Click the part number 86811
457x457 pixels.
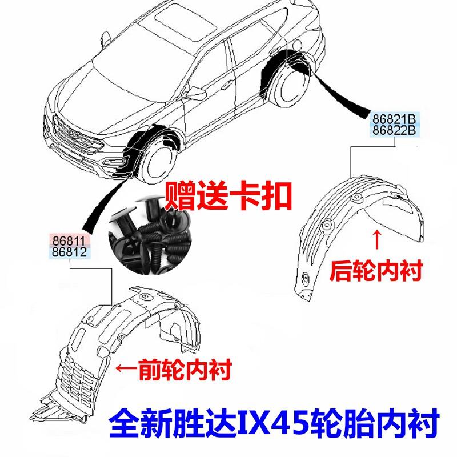pyautogui.click(x=69, y=240)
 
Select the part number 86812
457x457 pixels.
pyautogui.click(x=69, y=252)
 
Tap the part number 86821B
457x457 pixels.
pyautogui.click(x=394, y=119)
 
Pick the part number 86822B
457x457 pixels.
pyautogui.click(x=394, y=130)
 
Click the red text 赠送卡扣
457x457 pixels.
pyautogui.click(x=228, y=195)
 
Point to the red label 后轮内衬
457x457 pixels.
pyautogui.click(x=376, y=271)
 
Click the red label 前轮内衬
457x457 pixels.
pyautogui.click(x=185, y=369)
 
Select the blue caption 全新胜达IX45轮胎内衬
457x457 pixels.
pyautogui.click(x=274, y=423)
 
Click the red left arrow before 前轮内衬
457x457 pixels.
pyautogui.click(x=126, y=368)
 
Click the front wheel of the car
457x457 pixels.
pyautogui.click(x=158, y=163)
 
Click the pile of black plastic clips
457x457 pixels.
pyautogui.click(x=150, y=235)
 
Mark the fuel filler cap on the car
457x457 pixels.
pyautogui.click(x=297, y=45)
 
